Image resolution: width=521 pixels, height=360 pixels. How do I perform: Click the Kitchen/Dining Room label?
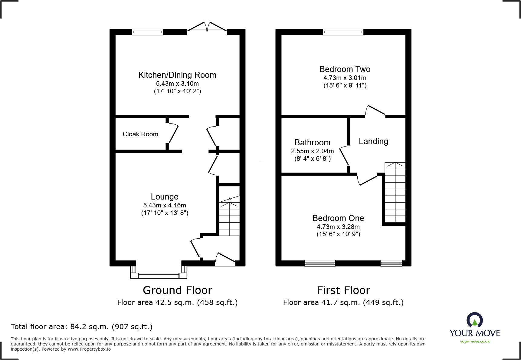[x=177, y=75]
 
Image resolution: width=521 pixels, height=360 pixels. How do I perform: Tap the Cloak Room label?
[x=140, y=134]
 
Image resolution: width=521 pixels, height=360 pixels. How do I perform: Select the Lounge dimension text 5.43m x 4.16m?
[x=165, y=205]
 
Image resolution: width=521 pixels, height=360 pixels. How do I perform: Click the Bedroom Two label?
[x=345, y=69]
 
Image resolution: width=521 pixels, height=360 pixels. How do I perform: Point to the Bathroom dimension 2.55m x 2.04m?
[x=312, y=151]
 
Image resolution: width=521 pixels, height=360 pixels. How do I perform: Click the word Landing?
[x=373, y=141]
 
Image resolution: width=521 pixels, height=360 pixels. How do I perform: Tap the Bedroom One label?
[x=338, y=218]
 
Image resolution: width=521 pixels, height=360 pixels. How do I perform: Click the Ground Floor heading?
[x=177, y=290]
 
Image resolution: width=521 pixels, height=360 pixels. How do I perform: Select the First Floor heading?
[x=343, y=290]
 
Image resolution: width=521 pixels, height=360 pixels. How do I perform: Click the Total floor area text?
[x=82, y=327]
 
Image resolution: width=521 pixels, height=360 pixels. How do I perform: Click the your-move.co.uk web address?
[x=475, y=342]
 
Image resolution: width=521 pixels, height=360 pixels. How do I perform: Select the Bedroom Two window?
[x=343, y=32]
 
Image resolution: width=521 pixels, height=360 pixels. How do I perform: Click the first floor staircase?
[x=395, y=193]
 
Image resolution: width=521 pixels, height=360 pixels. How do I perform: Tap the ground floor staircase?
[x=229, y=216]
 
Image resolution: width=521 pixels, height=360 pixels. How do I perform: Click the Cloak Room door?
[x=173, y=133]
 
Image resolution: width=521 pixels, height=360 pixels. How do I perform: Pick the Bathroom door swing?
[x=344, y=156]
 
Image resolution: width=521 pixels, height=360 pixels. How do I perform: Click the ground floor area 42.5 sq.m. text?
[x=177, y=302]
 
